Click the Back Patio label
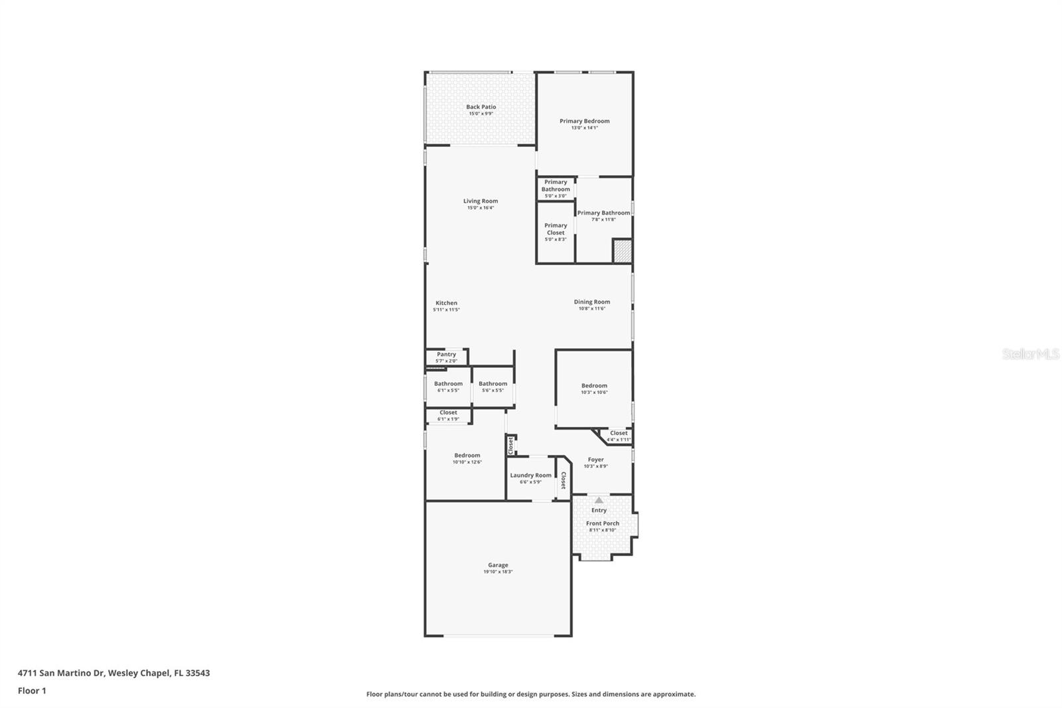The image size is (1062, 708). (481, 107)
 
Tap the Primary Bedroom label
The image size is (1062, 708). (584, 121)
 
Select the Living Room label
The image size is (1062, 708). (481, 201)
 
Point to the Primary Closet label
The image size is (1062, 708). (556, 229)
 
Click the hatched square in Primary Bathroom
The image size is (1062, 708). (622, 252)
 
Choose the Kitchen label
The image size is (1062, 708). (446, 303)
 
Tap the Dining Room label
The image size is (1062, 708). (592, 302)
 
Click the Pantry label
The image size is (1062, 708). (447, 355)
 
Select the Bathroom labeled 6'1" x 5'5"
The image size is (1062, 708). (449, 384)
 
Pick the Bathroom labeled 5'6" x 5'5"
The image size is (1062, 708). (493, 384)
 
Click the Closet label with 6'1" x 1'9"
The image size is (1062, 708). (448, 412)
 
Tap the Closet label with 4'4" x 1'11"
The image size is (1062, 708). (619, 433)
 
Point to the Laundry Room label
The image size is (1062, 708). (530, 476)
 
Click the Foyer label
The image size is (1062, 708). (596, 460)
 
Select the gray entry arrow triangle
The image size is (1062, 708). (599, 500)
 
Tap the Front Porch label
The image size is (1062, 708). (603, 523)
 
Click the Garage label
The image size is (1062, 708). (498, 565)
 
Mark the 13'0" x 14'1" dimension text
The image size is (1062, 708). (584, 128)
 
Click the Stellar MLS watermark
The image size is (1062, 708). (1031, 355)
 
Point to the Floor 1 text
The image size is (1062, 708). (32, 691)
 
